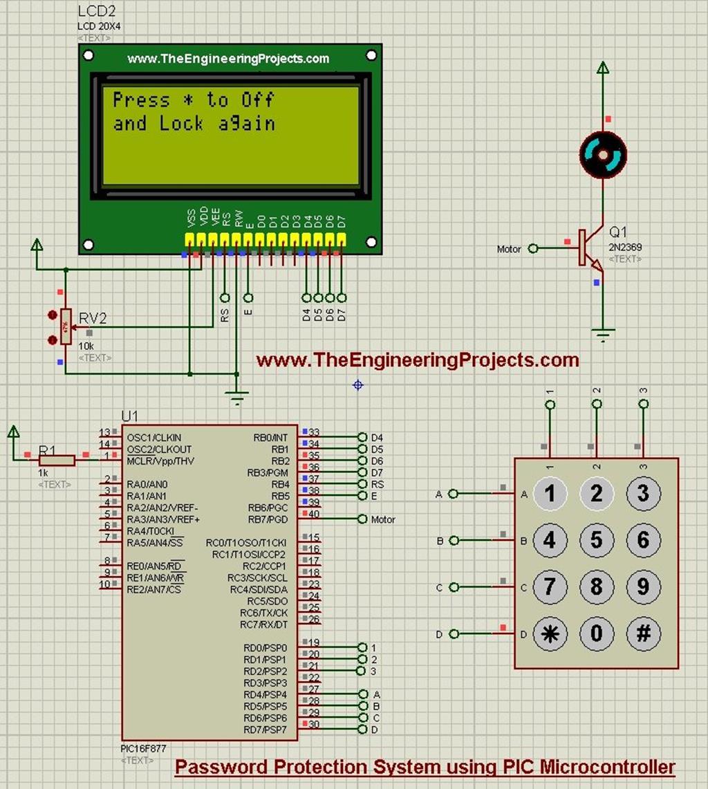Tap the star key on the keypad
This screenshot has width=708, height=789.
(550, 633)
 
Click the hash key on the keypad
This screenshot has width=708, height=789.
(643, 633)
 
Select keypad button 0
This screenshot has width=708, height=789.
(597, 633)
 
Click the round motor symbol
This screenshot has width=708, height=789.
(603, 153)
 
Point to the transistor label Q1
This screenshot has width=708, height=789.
(617, 232)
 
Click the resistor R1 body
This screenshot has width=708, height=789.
(57, 460)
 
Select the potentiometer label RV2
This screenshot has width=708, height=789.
(93, 319)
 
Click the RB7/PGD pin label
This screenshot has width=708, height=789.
(268, 519)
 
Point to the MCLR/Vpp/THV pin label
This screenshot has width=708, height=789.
(160, 461)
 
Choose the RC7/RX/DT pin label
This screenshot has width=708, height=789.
(263, 625)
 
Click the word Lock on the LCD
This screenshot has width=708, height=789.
(182, 124)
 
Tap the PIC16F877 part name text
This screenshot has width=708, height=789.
(142, 749)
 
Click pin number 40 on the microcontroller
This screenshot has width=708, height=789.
(314, 514)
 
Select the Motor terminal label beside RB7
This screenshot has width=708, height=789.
(383, 519)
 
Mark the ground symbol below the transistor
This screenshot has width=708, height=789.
(603, 335)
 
